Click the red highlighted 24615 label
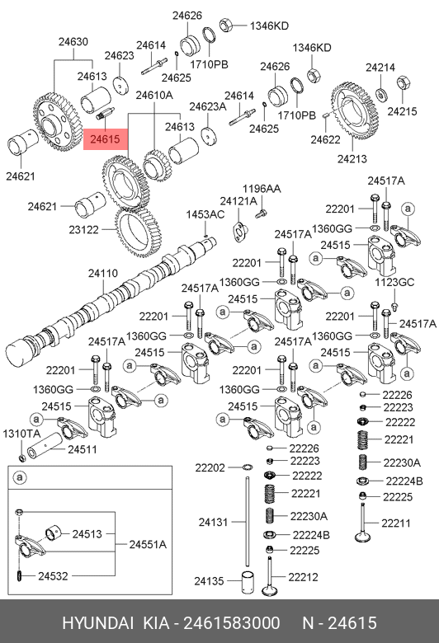coord(106,139)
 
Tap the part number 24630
coord(73,42)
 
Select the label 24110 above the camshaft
coord(102,274)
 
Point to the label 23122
coord(84,230)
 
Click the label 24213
coord(352,159)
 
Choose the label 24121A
coord(238,201)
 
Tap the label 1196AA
coord(262,189)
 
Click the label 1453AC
coord(205,214)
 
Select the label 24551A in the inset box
coord(148,545)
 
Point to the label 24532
coord(53,576)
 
